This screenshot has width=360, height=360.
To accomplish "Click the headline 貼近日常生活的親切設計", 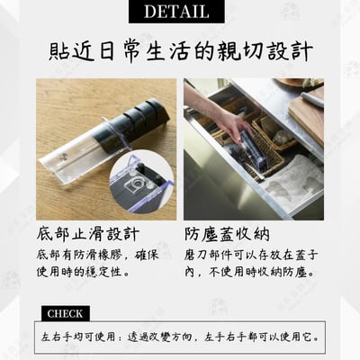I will coord(180,50).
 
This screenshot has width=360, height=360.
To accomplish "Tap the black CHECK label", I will coord(64,314).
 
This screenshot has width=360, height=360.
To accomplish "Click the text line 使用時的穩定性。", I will coord(82,274).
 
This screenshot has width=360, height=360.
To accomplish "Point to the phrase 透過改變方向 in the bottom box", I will coord(151,339).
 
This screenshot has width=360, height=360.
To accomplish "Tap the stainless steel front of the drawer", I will coord(216,193).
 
